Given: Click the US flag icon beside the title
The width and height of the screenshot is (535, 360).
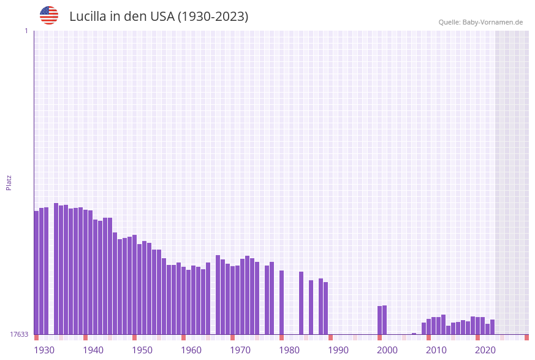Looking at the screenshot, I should [49, 15].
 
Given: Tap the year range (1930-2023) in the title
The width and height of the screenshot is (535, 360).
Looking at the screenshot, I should [213, 17].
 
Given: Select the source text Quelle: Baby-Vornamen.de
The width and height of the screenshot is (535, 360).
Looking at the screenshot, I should [480, 22].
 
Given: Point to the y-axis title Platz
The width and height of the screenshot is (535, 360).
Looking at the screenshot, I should [9, 182].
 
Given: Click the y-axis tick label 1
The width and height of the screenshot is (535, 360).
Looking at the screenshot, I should [26, 31].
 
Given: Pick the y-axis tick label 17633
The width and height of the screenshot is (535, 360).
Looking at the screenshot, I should [19, 334].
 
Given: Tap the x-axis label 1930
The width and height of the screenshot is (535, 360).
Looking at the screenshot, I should [44, 350].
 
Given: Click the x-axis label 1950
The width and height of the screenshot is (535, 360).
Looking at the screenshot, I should [142, 350].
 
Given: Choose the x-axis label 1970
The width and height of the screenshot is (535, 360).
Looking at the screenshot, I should [240, 350].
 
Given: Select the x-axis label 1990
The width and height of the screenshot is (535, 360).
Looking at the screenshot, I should [338, 350].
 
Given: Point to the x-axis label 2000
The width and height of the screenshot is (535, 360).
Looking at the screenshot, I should [387, 350].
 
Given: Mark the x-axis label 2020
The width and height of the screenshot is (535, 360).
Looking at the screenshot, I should [485, 350].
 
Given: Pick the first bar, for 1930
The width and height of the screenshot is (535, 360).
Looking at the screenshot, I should [37, 272].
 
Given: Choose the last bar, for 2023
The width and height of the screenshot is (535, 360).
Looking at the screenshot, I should [493, 327].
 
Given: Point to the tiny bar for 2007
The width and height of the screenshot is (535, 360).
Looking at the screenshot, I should [414, 334].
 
